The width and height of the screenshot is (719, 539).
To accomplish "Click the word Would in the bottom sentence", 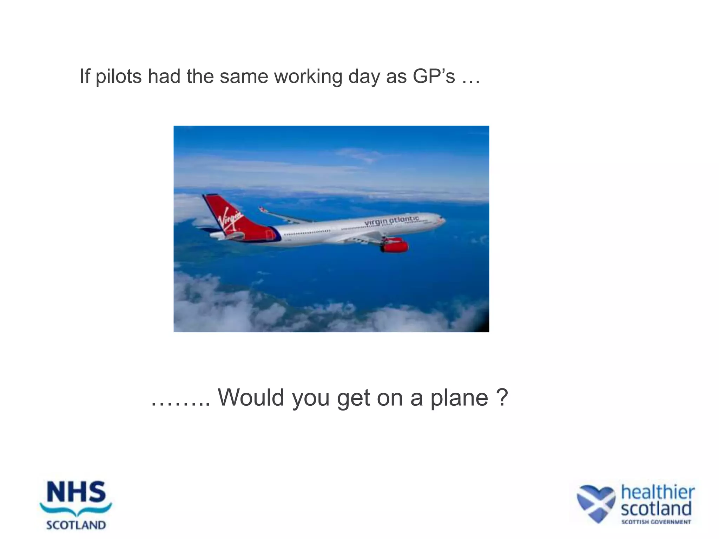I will [251, 398].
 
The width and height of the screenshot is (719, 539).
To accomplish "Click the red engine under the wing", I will [395, 246].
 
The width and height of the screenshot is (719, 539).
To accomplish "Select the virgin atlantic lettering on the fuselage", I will [391, 221].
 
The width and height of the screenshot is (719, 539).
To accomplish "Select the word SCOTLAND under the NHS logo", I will [76, 525].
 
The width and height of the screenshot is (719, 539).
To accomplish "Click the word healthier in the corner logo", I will [657, 492].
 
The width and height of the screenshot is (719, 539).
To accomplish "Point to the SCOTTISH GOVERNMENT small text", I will [656, 522].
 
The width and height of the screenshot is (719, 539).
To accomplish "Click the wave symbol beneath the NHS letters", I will [76, 509].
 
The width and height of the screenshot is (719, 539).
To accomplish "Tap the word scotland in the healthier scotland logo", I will [656, 508].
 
